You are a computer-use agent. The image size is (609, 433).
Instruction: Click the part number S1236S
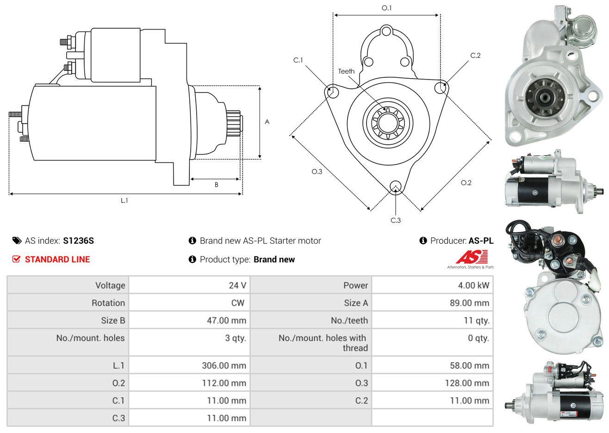78,241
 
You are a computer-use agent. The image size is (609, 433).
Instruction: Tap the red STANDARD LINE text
57,260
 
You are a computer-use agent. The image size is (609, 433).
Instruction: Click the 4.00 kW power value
473,285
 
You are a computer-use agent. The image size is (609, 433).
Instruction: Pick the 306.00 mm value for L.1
224,365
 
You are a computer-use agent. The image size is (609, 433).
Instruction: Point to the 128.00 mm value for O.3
467,383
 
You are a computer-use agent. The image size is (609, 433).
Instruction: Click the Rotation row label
108,303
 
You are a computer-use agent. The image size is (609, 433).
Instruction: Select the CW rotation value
238,303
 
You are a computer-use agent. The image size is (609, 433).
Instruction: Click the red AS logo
472,257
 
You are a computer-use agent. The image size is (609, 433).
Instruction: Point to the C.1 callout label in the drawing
298,60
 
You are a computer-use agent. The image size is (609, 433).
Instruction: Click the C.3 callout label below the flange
396,220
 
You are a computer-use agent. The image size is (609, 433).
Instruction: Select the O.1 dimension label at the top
386,8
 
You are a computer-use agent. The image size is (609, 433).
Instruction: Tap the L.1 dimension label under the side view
124,201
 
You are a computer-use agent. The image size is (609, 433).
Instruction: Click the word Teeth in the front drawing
346,71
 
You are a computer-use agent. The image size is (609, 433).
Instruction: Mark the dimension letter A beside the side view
267,122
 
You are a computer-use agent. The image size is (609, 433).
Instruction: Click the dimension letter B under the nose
217,185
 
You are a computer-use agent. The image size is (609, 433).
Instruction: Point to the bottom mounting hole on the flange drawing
396,187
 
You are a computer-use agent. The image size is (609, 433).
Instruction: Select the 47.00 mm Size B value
226,321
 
